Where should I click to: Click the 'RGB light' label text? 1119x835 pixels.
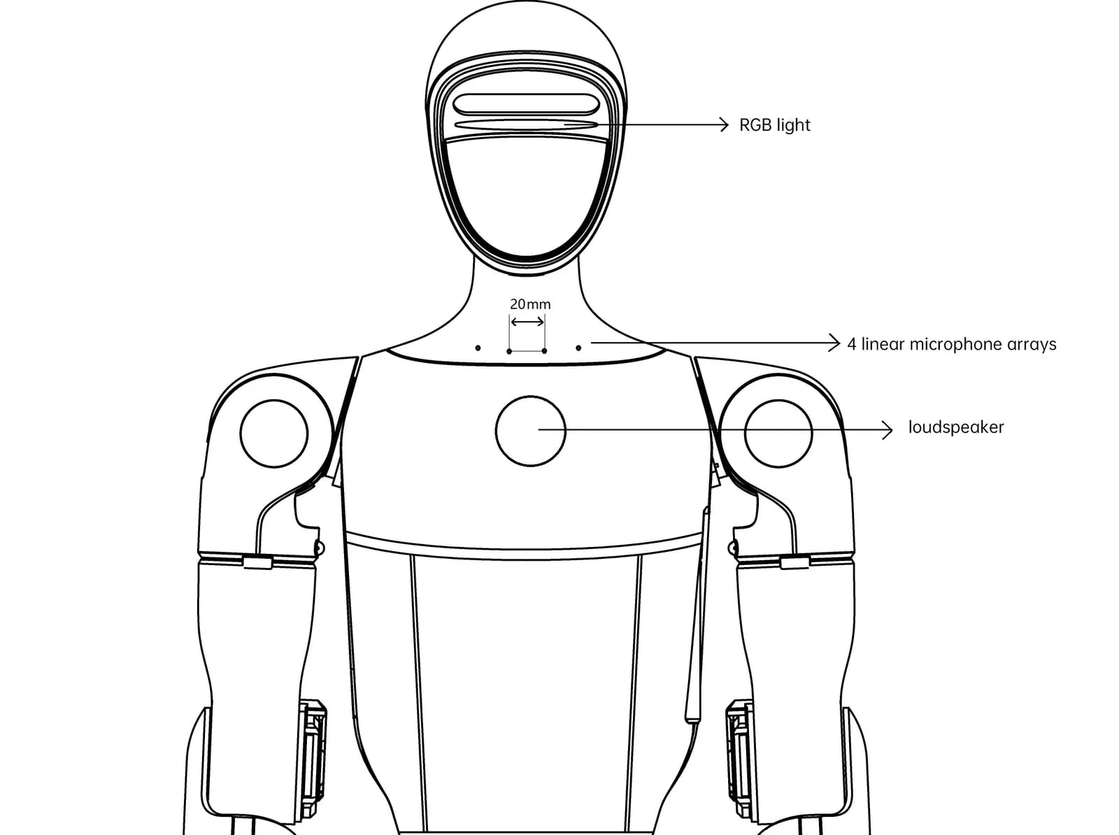(x=774, y=125)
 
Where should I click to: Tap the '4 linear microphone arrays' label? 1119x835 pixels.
(x=952, y=344)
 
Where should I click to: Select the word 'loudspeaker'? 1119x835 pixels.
(x=956, y=427)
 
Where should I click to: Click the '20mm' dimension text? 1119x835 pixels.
(x=530, y=304)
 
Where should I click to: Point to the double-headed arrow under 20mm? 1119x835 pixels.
(x=527, y=322)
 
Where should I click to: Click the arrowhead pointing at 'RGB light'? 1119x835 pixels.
(x=725, y=124)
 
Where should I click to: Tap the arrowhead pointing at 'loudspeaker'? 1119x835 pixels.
(x=888, y=429)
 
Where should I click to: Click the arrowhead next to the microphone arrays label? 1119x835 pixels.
(x=834, y=343)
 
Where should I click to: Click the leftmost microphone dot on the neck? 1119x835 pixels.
(x=478, y=348)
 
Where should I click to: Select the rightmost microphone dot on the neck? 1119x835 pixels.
(x=578, y=348)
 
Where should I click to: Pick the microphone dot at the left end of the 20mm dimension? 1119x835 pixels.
(x=509, y=351)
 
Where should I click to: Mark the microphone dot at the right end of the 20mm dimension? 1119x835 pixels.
(x=544, y=351)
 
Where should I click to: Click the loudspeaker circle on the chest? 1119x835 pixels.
(x=531, y=396)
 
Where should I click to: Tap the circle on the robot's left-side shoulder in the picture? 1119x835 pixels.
(x=274, y=400)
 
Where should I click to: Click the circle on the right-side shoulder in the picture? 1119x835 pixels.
(x=778, y=400)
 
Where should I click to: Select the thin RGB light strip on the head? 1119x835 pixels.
(x=526, y=124)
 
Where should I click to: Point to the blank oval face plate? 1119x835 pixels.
(x=527, y=197)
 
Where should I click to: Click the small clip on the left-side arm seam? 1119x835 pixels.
(x=257, y=563)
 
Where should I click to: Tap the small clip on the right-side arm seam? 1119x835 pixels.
(x=794, y=563)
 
